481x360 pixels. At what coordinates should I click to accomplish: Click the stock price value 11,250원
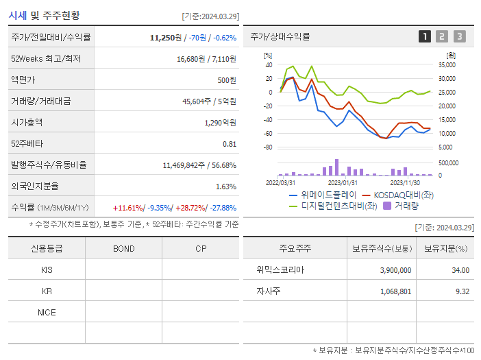click(x=166, y=38)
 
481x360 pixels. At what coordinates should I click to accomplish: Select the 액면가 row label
click(x=24, y=80)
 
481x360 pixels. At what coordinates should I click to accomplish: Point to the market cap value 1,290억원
click(x=220, y=123)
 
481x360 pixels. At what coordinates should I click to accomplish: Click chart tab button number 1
click(x=425, y=36)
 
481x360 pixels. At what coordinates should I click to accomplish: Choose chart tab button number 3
click(x=459, y=36)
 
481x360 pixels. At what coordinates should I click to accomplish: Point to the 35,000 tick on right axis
click(x=446, y=65)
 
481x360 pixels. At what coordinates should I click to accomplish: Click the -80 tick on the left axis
click(x=268, y=147)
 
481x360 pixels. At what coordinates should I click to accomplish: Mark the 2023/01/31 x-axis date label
click(x=343, y=182)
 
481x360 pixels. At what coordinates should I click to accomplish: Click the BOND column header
click(x=123, y=248)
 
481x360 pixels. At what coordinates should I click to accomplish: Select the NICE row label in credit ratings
click(x=47, y=312)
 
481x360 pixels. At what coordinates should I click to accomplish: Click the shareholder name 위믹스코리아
click(x=280, y=270)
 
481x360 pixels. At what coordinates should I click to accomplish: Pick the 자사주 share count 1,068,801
click(x=395, y=291)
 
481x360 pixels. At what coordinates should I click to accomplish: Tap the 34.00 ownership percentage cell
click(x=460, y=270)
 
